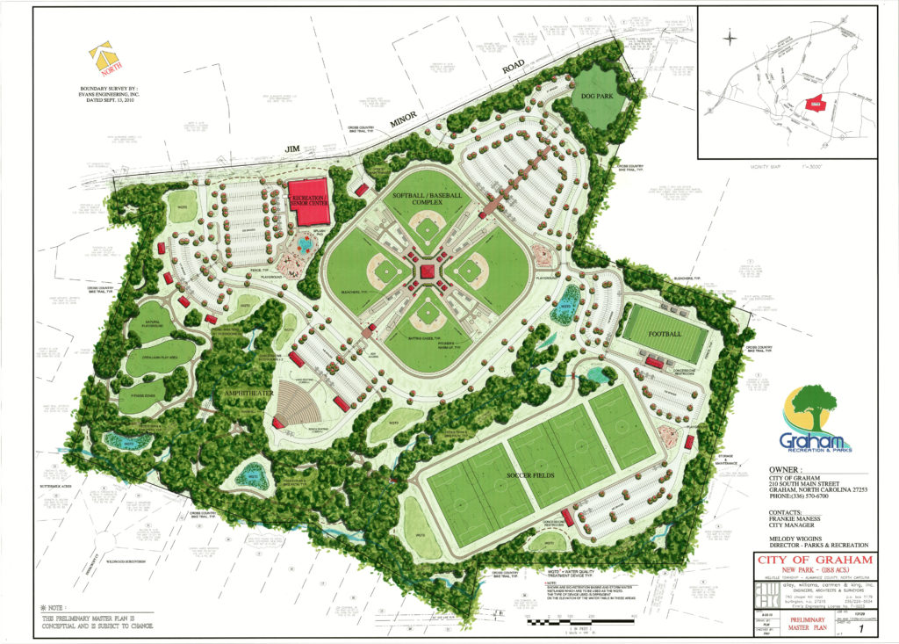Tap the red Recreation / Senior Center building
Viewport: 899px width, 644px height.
(308, 200)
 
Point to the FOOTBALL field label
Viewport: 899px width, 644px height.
(666, 335)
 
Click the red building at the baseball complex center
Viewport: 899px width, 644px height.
(428, 272)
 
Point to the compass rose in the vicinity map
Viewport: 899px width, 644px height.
(730, 38)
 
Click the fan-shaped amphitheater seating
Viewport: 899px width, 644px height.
(297, 403)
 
